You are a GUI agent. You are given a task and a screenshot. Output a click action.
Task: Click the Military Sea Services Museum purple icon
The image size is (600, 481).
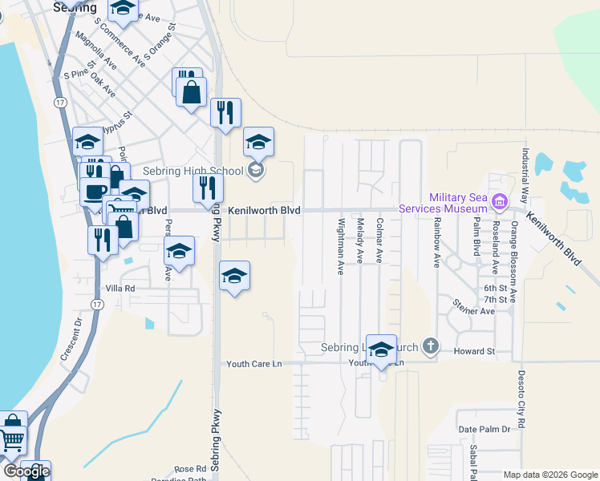click(x=501, y=200)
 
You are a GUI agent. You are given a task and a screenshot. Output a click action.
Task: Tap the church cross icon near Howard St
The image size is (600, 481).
click(x=431, y=346)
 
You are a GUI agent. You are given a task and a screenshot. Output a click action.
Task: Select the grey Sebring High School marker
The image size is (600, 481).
click(x=256, y=169)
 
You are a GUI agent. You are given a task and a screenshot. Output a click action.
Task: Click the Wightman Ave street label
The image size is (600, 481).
click(x=342, y=247)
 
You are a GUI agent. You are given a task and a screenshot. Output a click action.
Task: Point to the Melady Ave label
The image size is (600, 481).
click(x=361, y=240)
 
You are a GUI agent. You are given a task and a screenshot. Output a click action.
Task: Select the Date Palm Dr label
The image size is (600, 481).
click(x=484, y=430)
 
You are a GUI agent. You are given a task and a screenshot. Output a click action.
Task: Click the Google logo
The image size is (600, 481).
click(x=26, y=471)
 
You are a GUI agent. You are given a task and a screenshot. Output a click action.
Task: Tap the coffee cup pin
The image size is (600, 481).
click(x=95, y=192)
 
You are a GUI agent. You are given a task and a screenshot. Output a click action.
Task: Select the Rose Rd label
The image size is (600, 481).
click(x=190, y=469)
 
